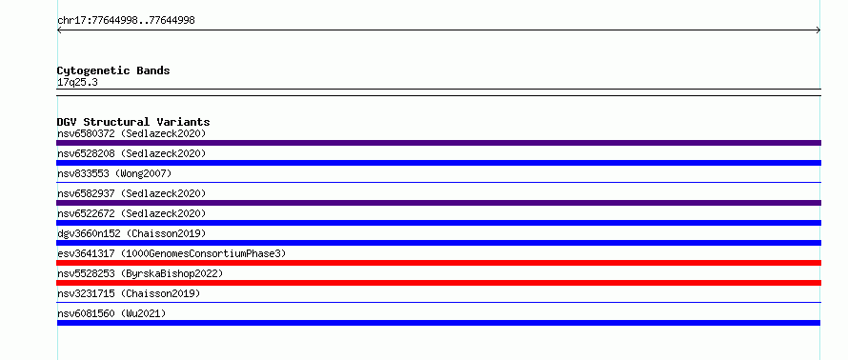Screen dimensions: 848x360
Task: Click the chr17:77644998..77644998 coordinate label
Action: coord(126,21)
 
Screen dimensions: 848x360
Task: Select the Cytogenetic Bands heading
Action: coord(113,70)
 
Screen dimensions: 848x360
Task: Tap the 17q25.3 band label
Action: coord(77,83)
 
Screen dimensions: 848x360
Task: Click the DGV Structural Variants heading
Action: coord(133,122)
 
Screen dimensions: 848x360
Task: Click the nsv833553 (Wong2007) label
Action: coord(114,173)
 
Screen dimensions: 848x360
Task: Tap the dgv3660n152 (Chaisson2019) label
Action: coord(131,233)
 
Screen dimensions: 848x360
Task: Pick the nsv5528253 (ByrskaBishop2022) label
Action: coord(140,273)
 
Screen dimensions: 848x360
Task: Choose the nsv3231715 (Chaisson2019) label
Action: coord(129,293)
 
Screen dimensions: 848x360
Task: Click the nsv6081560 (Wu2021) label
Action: coord(111,313)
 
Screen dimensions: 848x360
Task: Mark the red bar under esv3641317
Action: coord(438,263)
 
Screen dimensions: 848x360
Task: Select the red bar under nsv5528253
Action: coord(438,283)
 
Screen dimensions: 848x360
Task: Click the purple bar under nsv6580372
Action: coord(438,143)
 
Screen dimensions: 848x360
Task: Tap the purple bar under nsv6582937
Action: coord(438,203)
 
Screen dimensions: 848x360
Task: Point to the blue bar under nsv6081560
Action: coord(438,323)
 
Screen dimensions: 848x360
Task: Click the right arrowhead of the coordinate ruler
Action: coord(818,30)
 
